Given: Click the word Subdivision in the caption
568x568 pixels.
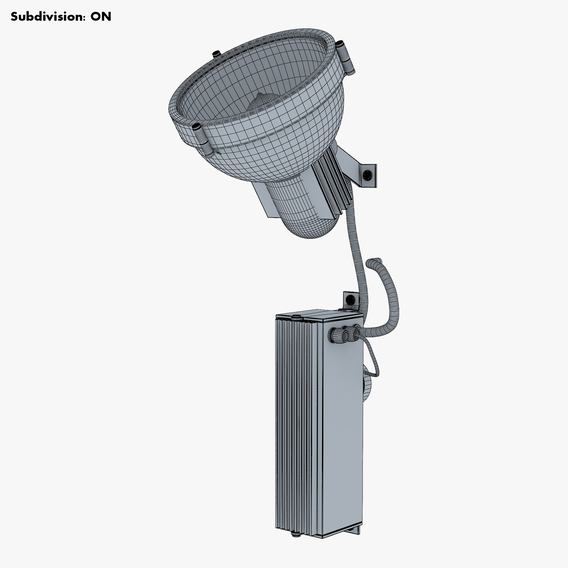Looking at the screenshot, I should tap(47, 17).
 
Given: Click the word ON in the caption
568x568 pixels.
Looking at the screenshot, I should tap(101, 17).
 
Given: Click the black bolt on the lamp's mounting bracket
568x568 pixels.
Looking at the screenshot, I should tap(367, 175).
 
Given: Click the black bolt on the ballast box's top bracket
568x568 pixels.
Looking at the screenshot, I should tap(349, 299).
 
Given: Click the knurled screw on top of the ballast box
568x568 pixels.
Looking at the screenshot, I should tap(296, 317).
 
